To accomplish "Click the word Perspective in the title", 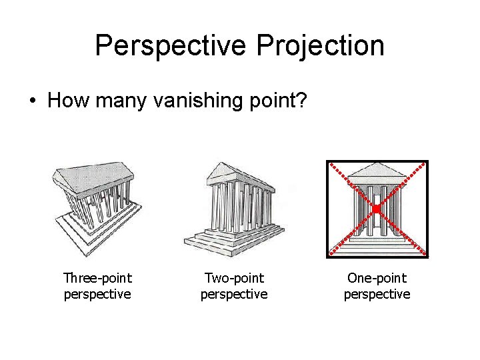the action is [171, 46].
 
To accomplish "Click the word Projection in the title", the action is [321, 46].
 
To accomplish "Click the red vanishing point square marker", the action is [376, 209].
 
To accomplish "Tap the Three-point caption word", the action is [97, 278].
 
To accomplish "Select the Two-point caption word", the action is [234, 278].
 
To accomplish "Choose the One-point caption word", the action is [377, 278].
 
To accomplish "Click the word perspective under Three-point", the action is [97, 294].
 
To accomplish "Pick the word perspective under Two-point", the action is [234, 294].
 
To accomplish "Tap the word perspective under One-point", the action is [377, 294].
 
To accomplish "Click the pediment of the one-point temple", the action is [376, 173].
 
